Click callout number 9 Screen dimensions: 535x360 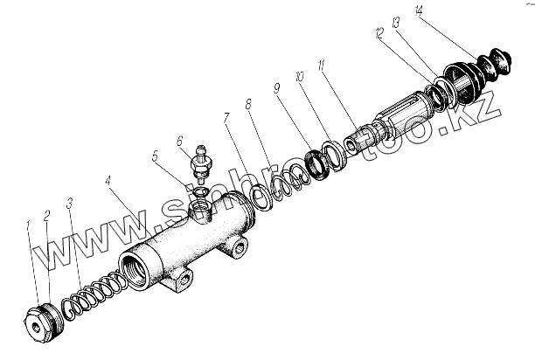276,88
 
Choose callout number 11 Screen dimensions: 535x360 323,66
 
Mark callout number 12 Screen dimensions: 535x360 379,32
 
